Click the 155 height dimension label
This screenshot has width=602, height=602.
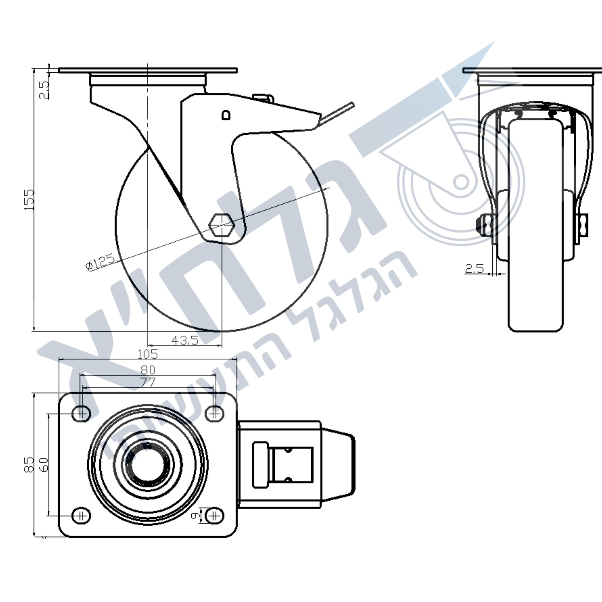(x=29, y=199)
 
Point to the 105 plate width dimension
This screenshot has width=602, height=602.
(x=148, y=354)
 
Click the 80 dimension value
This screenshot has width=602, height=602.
(x=148, y=369)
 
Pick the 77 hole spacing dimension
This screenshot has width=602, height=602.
(x=148, y=382)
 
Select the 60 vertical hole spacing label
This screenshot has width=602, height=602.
(x=44, y=465)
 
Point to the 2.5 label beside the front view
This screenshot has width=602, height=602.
(x=474, y=268)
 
